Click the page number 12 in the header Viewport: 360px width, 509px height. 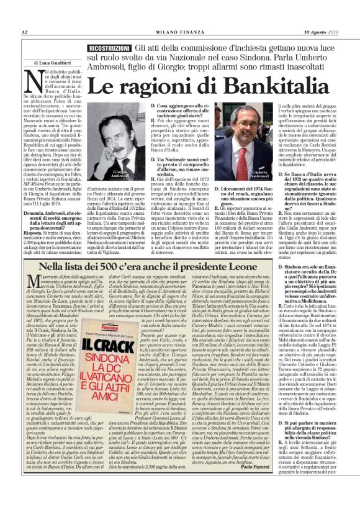tap(24, 32)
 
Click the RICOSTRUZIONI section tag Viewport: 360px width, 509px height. tap(109, 47)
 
